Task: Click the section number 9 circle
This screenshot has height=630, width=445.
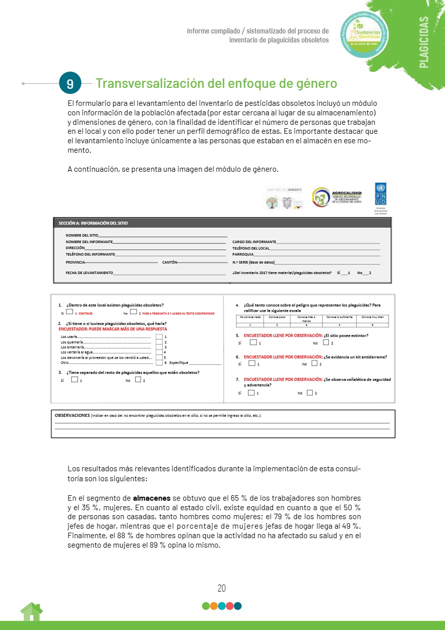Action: [x=70, y=84]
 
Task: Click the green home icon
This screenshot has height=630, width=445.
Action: [x=31, y=612]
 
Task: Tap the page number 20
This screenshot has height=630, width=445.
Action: [x=222, y=588]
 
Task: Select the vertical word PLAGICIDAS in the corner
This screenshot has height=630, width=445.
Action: [x=424, y=42]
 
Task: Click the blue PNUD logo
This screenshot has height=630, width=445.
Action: [x=380, y=194]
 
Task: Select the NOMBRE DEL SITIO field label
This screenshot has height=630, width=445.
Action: [x=82, y=235]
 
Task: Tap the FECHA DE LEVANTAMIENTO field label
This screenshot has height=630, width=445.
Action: [x=89, y=273]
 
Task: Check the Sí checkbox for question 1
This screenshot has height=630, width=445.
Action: [x=70, y=312]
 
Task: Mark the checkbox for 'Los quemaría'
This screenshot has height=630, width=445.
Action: [x=159, y=342]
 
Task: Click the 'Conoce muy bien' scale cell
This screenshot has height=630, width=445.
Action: [x=373, y=317]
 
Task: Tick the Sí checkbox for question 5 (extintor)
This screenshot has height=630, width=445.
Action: [x=253, y=342]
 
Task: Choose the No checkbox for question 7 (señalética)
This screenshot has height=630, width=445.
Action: [x=310, y=392]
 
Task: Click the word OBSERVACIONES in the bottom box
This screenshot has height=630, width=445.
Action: [x=72, y=415]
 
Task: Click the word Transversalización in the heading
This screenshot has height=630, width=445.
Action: [x=145, y=83]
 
